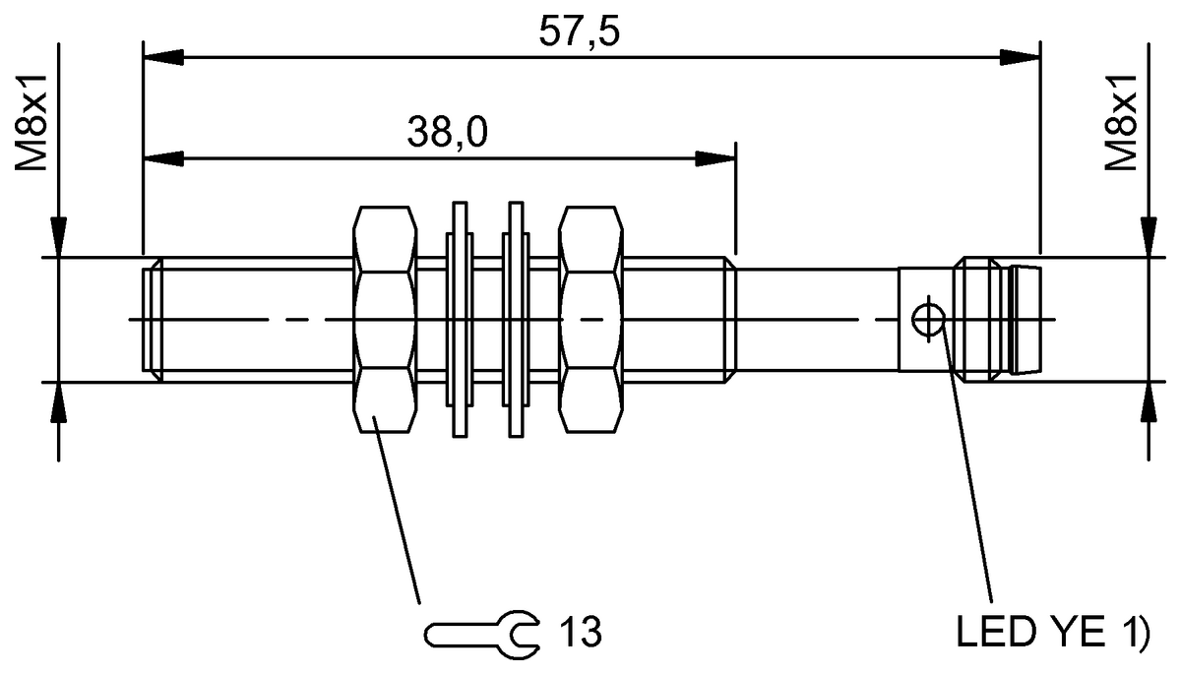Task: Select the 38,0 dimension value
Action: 448,133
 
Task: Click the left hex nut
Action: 384,320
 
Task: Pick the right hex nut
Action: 591,320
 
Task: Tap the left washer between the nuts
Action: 458,320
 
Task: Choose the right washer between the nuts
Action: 514,320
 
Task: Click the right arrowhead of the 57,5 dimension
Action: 1024,58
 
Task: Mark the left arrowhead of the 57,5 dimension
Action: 161,58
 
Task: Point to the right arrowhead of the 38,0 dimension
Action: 717,158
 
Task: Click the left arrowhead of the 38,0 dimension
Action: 161,158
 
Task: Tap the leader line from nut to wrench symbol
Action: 399,512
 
